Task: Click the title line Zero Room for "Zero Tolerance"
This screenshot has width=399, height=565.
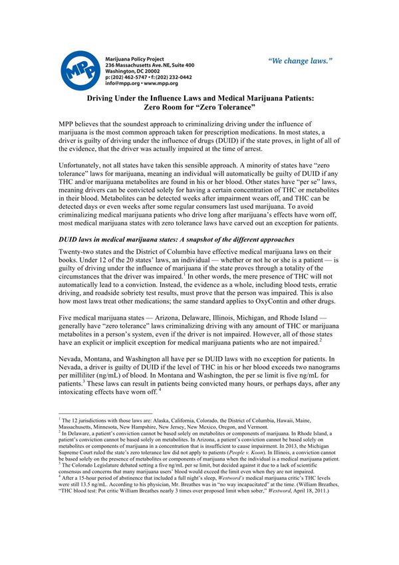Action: click(199, 107)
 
